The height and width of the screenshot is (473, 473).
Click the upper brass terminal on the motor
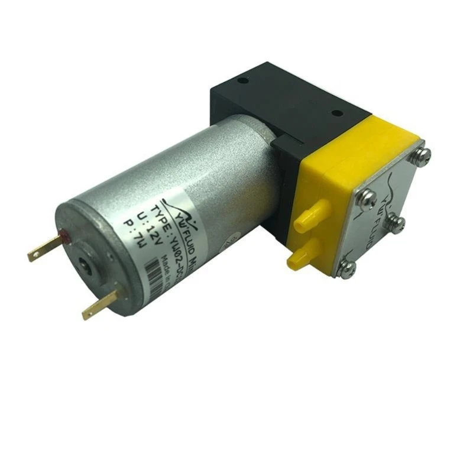(x=44, y=248)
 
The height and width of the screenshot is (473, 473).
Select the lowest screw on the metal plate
(x=349, y=269)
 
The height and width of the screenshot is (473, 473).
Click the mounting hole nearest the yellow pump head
(x=336, y=113)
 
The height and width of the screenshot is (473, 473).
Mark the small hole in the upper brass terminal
(x=37, y=254)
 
